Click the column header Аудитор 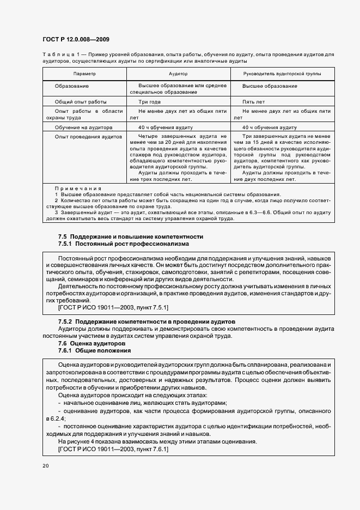pos(178,73)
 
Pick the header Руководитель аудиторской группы pos(282,73)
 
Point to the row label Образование pos(72,86)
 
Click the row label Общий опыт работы pos(81,102)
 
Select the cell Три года pos(149,102)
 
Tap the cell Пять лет pos(253,102)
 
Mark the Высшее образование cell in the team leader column pos(269,86)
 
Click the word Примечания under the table pos(78,188)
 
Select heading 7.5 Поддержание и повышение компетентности pos(130,236)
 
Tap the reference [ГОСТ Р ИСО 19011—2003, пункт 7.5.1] pos(113,308)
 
